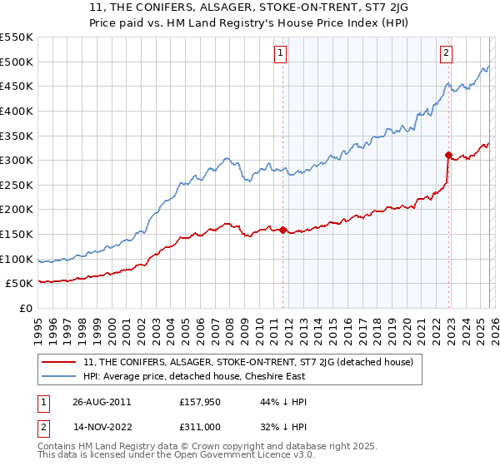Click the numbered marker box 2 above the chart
(446, 52)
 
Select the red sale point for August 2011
(283, 230)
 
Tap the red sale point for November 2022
(448, 155)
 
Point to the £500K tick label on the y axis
(17, 62)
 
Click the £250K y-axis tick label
(17, 185)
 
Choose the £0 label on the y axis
(25, 308)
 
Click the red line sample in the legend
(60, 361)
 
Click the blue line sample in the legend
(60, 376)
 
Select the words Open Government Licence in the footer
(238, 457)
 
